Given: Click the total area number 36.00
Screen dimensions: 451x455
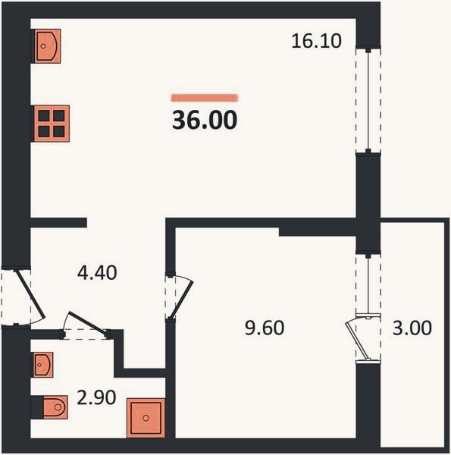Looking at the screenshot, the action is click(205, 120).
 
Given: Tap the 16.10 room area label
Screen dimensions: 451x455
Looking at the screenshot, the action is click(316, 41).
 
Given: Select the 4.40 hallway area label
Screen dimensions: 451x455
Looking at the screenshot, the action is click(97, 273).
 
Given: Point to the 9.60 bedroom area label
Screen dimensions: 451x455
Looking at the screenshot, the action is click(265, 328).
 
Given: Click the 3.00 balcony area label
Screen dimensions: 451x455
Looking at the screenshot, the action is click(412, 328).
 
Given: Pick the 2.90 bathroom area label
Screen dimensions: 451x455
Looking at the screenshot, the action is click(96, 397).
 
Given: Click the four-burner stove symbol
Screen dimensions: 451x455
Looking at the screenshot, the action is click(52, 124).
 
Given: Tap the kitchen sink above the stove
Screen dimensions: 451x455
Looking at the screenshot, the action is click(48, 45).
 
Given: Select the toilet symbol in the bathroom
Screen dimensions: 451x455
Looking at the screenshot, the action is click(55, 407).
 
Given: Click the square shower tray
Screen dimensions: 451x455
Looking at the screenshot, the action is click(146, 418).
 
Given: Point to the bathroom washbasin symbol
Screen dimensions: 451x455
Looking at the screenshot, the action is click(43, 365).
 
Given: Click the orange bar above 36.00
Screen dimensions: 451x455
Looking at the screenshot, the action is click(205, 98).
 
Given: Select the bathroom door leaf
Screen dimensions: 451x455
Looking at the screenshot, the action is click(86, 323).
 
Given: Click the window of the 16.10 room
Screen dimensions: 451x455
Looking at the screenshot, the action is click(368, 100).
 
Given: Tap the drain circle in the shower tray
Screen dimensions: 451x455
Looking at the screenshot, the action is click(146, 418).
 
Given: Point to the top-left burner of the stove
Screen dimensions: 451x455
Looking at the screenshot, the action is click(44, 115).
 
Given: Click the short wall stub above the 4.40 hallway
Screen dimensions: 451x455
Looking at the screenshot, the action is click(58, 222).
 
